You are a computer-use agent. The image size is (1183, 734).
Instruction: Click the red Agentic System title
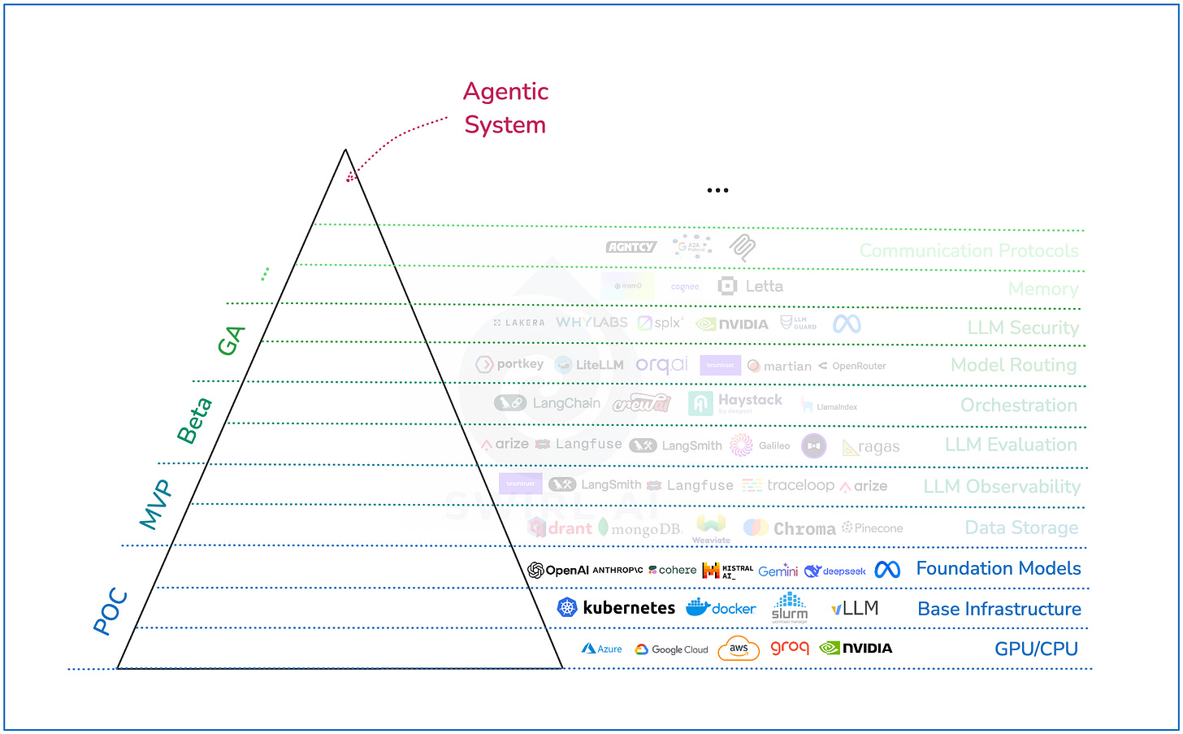(x=505, y=108)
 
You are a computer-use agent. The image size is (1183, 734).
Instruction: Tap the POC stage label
(x=110, y=610)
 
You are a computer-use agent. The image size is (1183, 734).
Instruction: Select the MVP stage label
(x=156, y=504)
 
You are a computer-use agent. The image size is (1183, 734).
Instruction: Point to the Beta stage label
(x=194, y=420)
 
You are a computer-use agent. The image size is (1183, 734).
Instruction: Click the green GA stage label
(x=231, y=341)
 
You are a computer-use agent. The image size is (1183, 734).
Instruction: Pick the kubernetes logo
(x=616, y=608)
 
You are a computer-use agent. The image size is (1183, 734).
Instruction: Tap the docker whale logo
(x=721, y=608)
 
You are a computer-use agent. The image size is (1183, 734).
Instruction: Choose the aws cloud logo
(x=738, y=649)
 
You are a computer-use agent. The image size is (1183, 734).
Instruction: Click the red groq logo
(x=789, y=648)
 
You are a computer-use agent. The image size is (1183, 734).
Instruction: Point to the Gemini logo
(x=778, y=571)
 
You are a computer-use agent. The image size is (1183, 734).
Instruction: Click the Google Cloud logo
(x=671, y=649)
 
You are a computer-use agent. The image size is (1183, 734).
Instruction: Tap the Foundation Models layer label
(x=998, y=569)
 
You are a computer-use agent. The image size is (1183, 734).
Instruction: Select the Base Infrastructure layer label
(x=999, y=609)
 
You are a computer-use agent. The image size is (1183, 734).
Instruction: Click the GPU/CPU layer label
(x=1036, y=649)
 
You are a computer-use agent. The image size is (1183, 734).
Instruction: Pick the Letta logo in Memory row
(x=751, y=286)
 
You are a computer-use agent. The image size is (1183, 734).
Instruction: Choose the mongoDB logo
(x=639, y=529)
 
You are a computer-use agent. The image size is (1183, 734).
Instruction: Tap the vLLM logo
(x=854, y=608)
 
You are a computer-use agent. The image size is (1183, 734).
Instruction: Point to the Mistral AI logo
(x=727, y=571)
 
